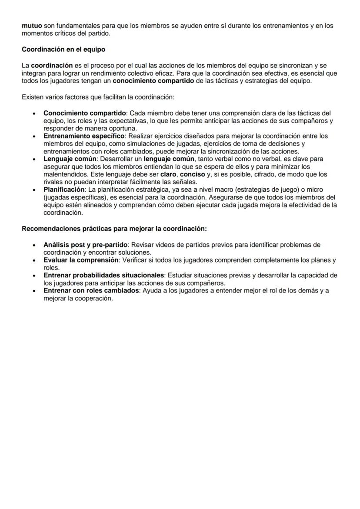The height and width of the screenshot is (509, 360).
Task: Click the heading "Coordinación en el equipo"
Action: (63, 50)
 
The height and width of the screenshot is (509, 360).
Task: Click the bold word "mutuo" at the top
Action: (32, 26)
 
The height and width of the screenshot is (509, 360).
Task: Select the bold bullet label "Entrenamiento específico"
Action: (83, 136)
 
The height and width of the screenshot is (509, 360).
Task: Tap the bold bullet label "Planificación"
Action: (64, 190)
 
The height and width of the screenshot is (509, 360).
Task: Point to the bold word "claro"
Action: (169, 174)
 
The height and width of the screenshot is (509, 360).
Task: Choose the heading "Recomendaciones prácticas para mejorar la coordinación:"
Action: (114, 229)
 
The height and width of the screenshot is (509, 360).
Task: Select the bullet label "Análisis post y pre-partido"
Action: (85, 245)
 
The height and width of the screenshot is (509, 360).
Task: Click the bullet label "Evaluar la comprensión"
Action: (81, 260)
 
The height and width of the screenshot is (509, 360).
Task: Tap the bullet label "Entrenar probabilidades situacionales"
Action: (104, 276)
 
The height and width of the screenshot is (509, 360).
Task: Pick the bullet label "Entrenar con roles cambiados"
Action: (90, 291)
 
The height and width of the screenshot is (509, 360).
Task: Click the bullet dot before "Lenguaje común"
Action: (34, 159)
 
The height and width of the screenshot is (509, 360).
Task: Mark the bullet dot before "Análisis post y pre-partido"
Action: (34, 245)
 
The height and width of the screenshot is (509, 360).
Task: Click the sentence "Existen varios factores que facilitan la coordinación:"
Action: (98, 97)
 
